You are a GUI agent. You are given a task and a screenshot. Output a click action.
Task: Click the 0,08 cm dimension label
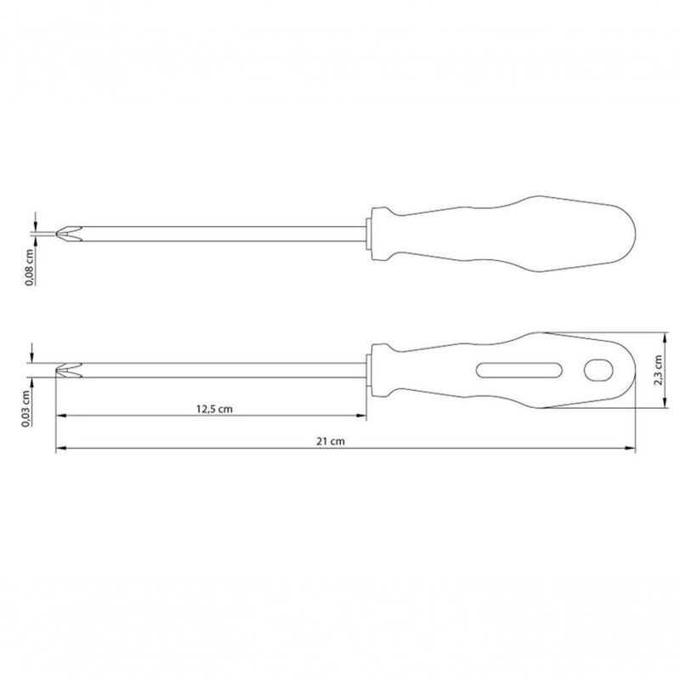29,267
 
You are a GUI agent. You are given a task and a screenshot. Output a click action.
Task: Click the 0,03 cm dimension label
25,409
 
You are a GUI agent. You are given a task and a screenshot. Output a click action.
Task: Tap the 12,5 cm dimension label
214,409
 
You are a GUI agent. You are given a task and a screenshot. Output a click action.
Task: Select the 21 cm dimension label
331,441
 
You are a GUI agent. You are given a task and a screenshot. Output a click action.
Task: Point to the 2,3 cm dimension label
658,370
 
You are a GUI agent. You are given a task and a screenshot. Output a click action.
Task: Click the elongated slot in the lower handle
519,371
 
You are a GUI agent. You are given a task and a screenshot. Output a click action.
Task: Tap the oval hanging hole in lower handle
598,371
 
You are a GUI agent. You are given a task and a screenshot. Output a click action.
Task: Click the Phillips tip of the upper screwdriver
69,234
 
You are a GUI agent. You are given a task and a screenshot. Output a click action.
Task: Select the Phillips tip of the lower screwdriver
69,370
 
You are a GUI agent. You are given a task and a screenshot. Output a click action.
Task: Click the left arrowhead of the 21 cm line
60,448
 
